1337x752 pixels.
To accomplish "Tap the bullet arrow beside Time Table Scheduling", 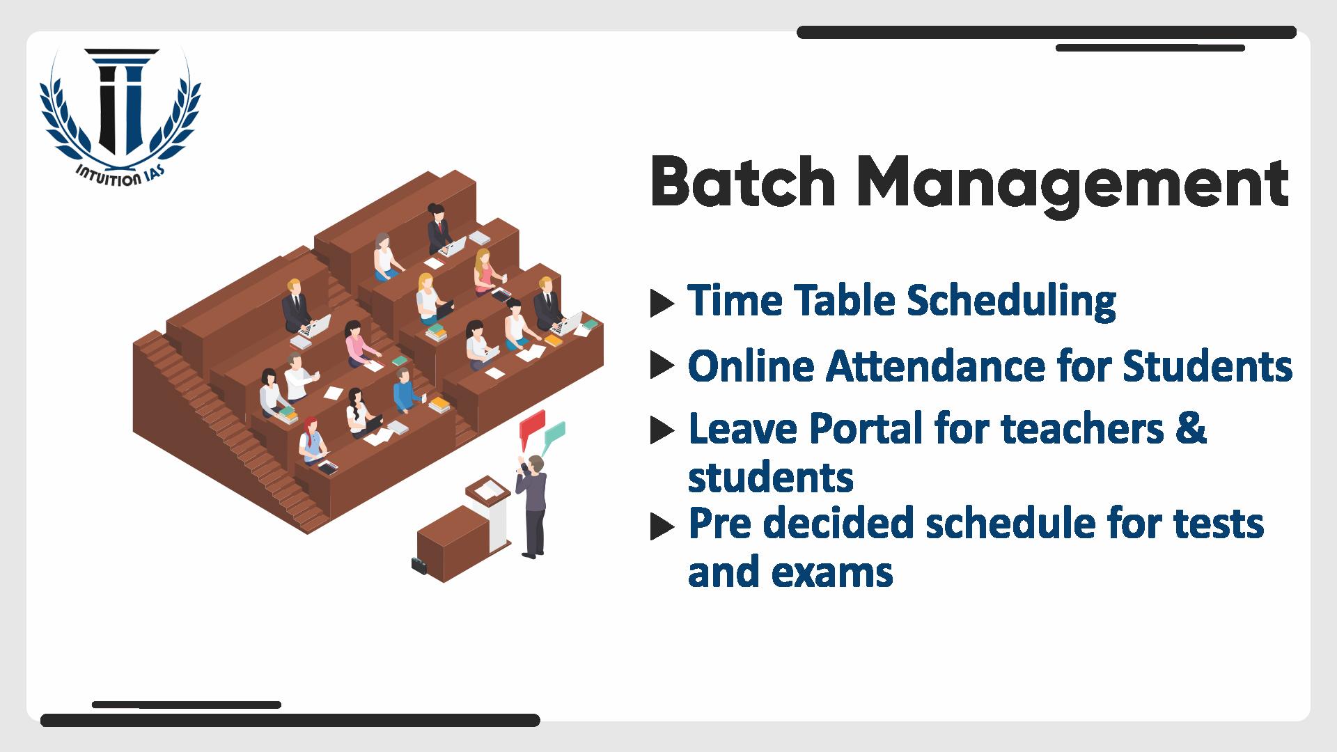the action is tap(662, 303).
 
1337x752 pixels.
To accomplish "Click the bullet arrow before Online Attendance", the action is tap(662, 366).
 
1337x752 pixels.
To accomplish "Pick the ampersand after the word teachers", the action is tap(1192, 428).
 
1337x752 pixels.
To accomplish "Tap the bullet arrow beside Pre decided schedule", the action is tap(662, 527).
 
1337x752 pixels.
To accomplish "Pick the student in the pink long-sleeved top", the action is tap(359, 345).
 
